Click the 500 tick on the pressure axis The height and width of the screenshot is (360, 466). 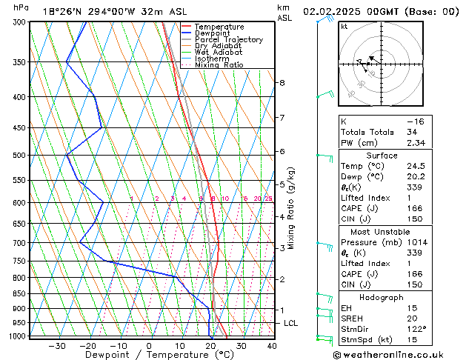[19, 156]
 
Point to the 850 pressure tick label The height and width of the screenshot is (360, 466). [19, 294]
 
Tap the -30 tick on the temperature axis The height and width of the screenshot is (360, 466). [57, 345]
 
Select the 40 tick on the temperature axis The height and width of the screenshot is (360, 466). [272, 345]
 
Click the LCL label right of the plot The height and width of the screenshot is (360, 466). [291, 324]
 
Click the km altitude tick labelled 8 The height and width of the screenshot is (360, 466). [282, 83]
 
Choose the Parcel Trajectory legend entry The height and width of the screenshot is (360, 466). [228, 40]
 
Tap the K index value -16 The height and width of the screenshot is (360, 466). [416, 121]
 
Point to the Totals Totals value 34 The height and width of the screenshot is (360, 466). [412, 132]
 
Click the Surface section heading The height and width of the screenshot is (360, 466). [382, 156]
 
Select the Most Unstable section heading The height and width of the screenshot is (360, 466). [382, 231]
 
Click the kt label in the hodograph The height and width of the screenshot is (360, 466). [344, 26]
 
